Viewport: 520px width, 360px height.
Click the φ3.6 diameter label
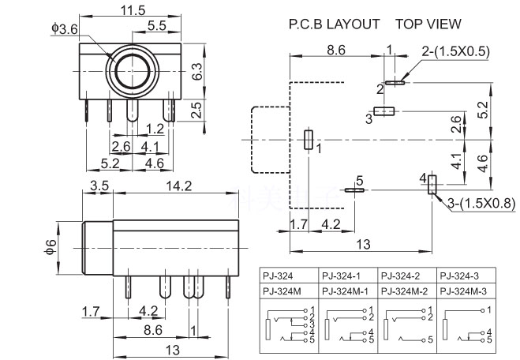coord(65,28)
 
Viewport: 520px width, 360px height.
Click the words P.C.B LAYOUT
coord(335,24)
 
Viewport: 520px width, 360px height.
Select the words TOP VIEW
coord(428,24)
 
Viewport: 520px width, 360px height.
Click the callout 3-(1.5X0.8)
coord(483,204)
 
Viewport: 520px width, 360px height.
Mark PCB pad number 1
coord(309,139)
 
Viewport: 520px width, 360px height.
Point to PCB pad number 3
coord(383,112)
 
